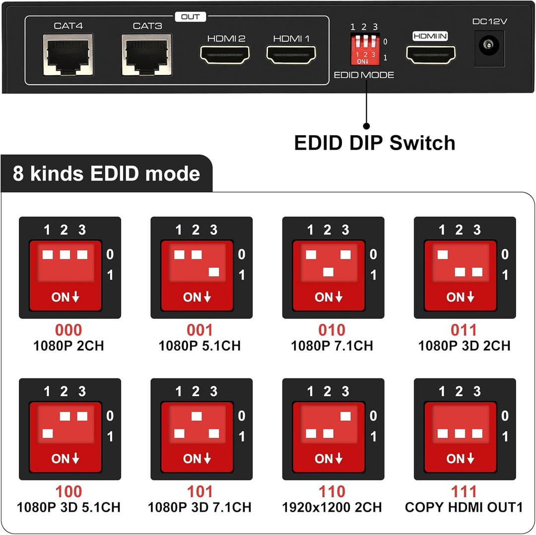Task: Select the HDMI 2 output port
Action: pyautogui.click(x=225, y=55)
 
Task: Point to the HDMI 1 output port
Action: pyautogui.click(x=291, y=55)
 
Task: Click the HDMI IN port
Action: pyautogui.click(x=431, y=55)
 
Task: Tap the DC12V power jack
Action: pyautogui.click(x=489, y=48)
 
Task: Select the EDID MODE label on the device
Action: pyautogui.click(x=364, y=75)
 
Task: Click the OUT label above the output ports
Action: pyautogui.click(x=190, y=16)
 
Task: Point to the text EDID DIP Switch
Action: pyautogui.click(x=375, y=143)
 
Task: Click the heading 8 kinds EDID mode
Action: pyautogui.click(x=106, y=174)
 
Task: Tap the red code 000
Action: pyautogui.click(x=68, y=330)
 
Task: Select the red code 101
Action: pyautogui.click(x=200, y=492)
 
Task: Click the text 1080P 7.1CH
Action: pyautogui.click(x=332, y=346)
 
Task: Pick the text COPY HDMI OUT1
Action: pyautogui.click(x=464, y=507)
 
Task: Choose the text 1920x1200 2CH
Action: pyautogui.click(x=332, y=507)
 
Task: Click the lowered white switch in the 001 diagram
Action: pyautogui.click(x=214, y=272)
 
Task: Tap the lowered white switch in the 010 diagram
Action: pyautogui.click(x=328, y=272)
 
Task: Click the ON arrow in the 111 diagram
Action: pyautogui.click(x=460, y=459)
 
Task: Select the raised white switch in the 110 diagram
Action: pyautogui.click(x=345, y=416)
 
